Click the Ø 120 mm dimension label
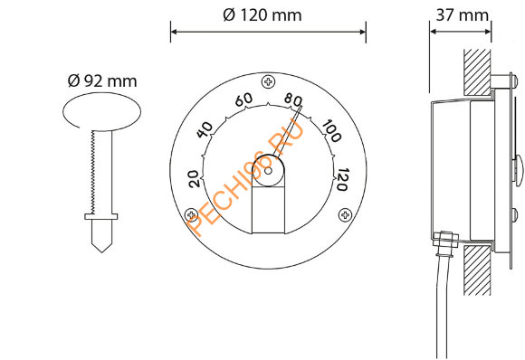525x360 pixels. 262,15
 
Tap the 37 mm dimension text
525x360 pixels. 462,15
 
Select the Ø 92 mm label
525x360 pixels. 102,81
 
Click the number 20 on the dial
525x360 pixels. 195,179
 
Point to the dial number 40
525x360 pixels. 205,129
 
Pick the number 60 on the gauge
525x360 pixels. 243,99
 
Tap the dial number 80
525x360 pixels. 293,99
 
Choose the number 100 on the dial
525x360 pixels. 331,131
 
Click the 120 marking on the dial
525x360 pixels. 342,179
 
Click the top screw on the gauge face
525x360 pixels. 268,81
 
